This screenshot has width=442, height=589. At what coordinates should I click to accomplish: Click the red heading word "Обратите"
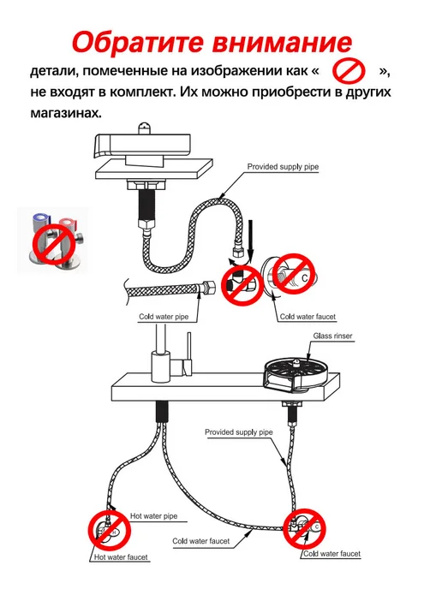(139, 43)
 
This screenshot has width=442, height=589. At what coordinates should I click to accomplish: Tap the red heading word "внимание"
(283, 43)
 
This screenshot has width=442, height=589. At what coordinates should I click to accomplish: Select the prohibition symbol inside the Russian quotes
(349, 70)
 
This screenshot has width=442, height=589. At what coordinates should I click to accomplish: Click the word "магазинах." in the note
(66, 112)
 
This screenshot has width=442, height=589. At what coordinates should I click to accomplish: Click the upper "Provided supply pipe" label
(283, 166)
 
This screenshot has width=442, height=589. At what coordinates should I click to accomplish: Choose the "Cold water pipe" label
(164, 316)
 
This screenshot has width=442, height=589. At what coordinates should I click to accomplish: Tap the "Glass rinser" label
(332, 336)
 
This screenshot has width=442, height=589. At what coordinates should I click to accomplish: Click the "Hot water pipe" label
(153, 515)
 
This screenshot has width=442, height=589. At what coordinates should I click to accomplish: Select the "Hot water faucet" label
(121, 556)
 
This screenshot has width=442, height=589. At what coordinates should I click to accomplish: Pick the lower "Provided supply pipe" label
(239, 432)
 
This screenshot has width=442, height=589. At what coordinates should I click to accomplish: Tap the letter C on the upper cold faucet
(304, 278)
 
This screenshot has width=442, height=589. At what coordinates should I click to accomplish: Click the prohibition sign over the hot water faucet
(109, 530)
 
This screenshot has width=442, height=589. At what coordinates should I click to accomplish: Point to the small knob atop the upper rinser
(144, 128)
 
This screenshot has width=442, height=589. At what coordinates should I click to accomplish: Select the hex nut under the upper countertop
(146, 185)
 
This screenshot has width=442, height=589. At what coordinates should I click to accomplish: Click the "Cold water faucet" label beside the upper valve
(308, 316)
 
